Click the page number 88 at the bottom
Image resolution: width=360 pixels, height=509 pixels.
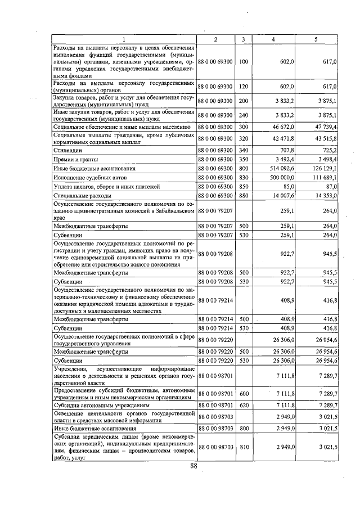point(193,466)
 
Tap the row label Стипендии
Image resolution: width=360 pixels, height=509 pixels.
point(67,151)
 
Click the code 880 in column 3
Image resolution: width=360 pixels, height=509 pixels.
point(243,195)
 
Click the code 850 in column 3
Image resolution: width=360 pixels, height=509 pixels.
point(243,186)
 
